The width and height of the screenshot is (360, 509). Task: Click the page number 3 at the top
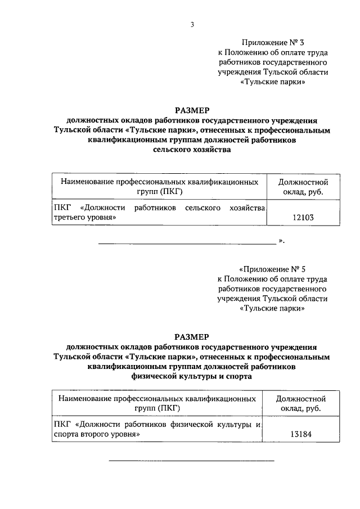click(x=192, y=24)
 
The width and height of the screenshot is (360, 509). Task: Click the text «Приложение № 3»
click(x=272, y=42)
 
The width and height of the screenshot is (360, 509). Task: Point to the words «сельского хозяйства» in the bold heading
click(x=192, y=150)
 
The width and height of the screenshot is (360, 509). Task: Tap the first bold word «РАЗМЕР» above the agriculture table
click(x=192, y=110)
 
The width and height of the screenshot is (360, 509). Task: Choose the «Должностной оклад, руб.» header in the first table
click(x=303, y=187)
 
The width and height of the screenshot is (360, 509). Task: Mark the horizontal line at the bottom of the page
click(x=191, y=461)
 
